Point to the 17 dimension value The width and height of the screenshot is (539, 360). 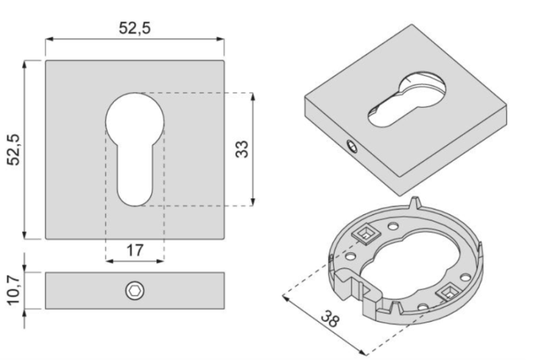pyautogui.click(x=135, y=250)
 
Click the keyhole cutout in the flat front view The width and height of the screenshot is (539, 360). pyautogui.click(x=135, y=142)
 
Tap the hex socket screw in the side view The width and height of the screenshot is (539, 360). pyautogui.click(x=135, y=291)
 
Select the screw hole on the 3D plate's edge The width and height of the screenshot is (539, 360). pyautogui.click(x=351, y=145)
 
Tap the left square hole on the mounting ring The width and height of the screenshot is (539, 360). pyautogui.click(x=364, y=235)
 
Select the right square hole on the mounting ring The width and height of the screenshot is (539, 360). pyautogui.click(x=447, y=291)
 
